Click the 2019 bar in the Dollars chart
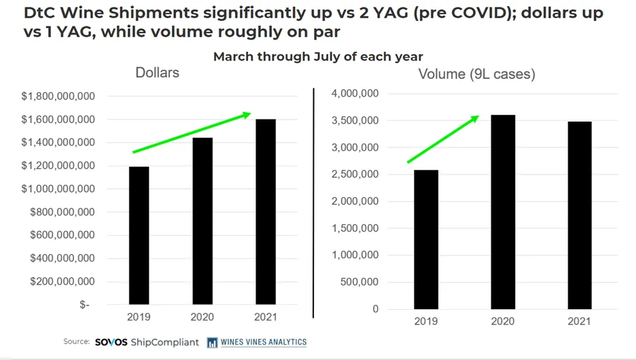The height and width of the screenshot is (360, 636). (139, 235)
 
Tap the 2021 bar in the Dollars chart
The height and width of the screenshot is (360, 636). (266, 212)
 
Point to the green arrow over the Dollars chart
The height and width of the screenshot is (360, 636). (192, 132)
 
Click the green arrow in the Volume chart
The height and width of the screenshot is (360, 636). (443, 139)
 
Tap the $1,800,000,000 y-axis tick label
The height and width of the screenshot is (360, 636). (58, 96)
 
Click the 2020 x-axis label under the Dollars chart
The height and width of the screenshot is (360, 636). (202, 317)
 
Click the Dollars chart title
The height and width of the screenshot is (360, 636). (157, 72)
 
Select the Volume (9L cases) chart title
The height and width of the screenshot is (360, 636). (476, 74)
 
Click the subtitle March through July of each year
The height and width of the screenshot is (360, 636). (318, 56)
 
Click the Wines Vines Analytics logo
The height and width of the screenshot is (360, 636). (257, 342)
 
